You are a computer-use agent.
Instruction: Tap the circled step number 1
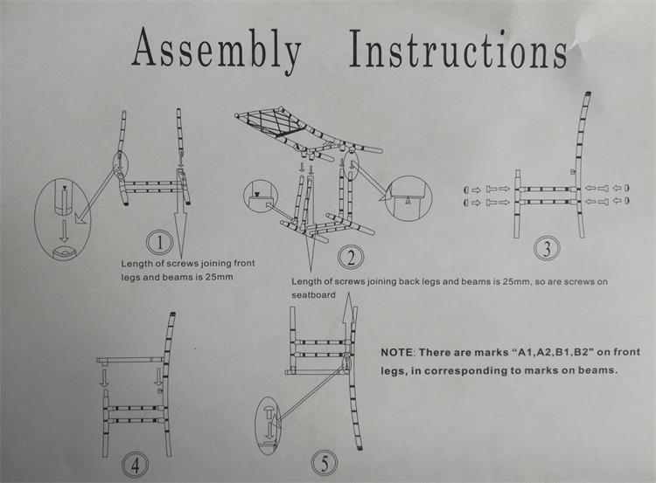tap(157, 241)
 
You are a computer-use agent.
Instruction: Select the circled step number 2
tap(351, 257)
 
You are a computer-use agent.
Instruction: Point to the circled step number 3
tap(547, 248)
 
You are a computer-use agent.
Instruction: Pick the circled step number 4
tap(135, 463)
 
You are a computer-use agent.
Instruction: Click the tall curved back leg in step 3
tap(580, 166)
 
